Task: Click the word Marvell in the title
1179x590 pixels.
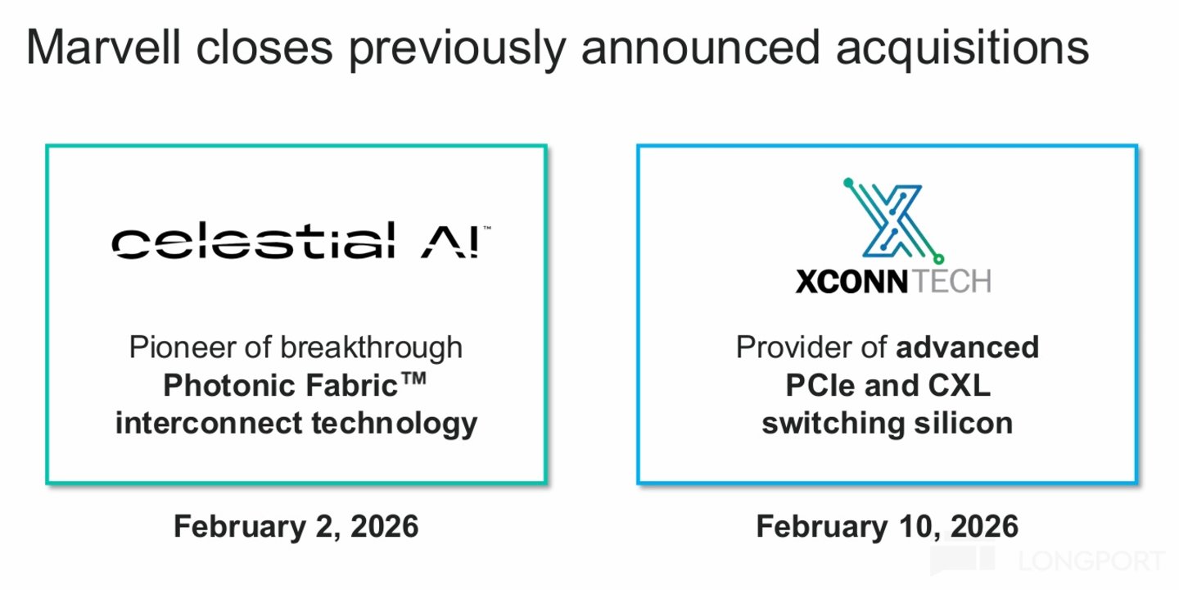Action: click(x=103, y=48)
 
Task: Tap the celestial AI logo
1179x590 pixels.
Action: click(x=301, y=240)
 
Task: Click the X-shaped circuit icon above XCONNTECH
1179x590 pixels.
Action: click(x=893, y=221)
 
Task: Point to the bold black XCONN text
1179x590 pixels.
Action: click(x=851, y=281)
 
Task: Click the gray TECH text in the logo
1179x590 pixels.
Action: click(x=951, y=281)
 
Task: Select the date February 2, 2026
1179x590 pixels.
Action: click(x=296, y=527)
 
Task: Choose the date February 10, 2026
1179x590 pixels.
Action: click(x=888, y=527)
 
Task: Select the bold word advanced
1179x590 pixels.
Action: click(x=968, y=347)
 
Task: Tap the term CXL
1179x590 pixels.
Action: click(x=959, y=385)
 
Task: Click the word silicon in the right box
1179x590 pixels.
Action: click(x=963, y=423)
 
